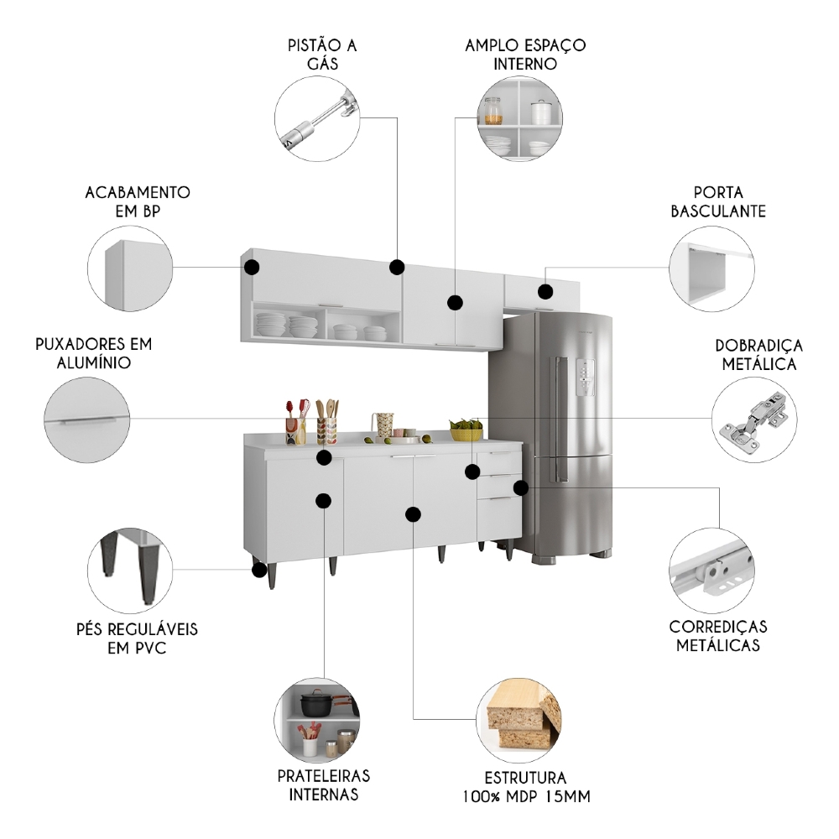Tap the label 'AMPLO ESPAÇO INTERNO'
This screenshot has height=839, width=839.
click(525, 55)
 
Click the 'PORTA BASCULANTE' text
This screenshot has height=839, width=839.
click(718, 202)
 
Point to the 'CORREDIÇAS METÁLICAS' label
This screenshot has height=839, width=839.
click(717, 636)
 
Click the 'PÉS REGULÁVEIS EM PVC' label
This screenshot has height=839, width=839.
click(134, 638)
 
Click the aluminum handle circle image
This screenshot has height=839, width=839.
click(87, 419)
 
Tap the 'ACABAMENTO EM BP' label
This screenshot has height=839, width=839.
click(138, 202)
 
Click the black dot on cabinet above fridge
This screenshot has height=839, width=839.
click(545, 292)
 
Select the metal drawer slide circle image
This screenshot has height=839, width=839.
click(711, 571)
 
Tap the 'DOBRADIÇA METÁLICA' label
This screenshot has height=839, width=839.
click(758, 354)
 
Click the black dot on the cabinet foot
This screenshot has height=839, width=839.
click(259, 571)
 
